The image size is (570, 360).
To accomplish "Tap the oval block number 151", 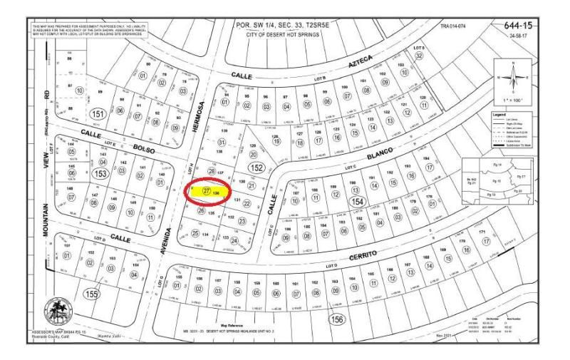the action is click(99, 114).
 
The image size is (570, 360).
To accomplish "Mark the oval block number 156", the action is click(337, 319).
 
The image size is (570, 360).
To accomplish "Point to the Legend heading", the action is click(502, 114).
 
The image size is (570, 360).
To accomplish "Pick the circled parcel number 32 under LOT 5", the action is click(420, 56).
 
